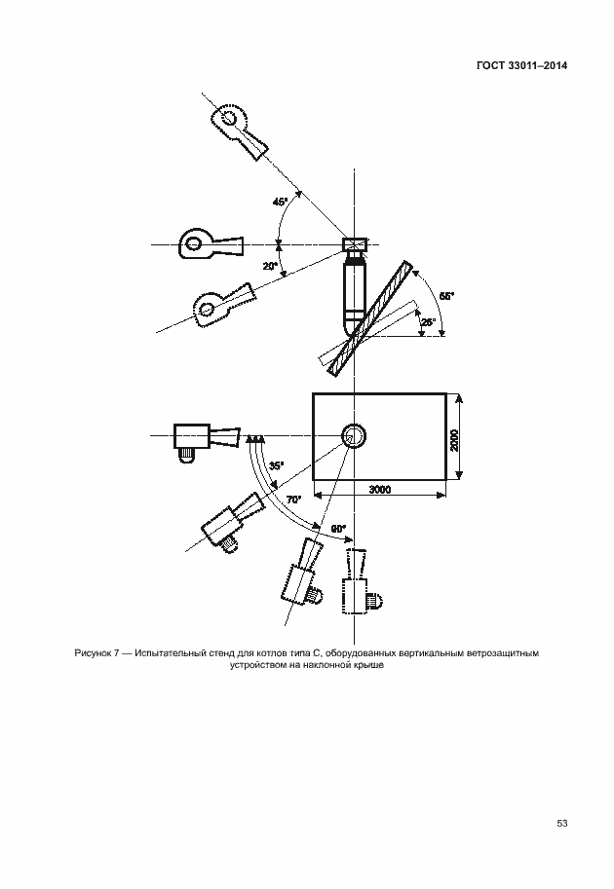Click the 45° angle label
[x=281, y=202]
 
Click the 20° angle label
[x=270, y=266]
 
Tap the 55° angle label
[x=447, y=296]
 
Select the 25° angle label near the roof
[x=429, y=322]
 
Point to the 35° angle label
[x=277, y=466]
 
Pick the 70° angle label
[x=294, y=500]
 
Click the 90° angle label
[x=338, y=529]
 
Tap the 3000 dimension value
[x=380, y=489]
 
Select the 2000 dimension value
[x=454, y=440]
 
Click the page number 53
[x=562, y=823]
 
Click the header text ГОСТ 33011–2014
[x=521, y=65]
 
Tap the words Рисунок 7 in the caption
[x=96, y=653]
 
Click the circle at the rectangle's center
[x=354, y=436]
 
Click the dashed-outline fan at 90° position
[x=361, y=581]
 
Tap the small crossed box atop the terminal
[x=355, y=245]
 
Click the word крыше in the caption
[x=371, y=665]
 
